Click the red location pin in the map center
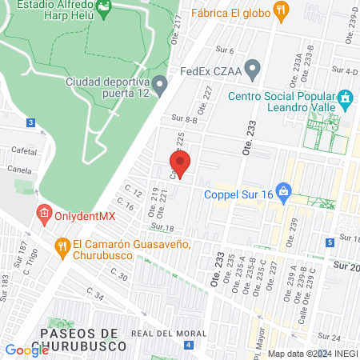[x=180, y=163]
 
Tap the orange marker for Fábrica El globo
[x=280, y=10]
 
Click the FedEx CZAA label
[x=210, y=69]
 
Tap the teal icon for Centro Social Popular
[x=346, y=100]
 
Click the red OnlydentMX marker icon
[x=44, y=214]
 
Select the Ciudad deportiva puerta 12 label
[x=107, y=88]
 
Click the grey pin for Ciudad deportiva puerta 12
[x=161, y=84]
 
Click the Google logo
[x=26, y=350]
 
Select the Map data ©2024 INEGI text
[x=312, y=354]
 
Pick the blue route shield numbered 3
[x=30, y=122]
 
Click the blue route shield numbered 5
[x=330, y=242]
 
